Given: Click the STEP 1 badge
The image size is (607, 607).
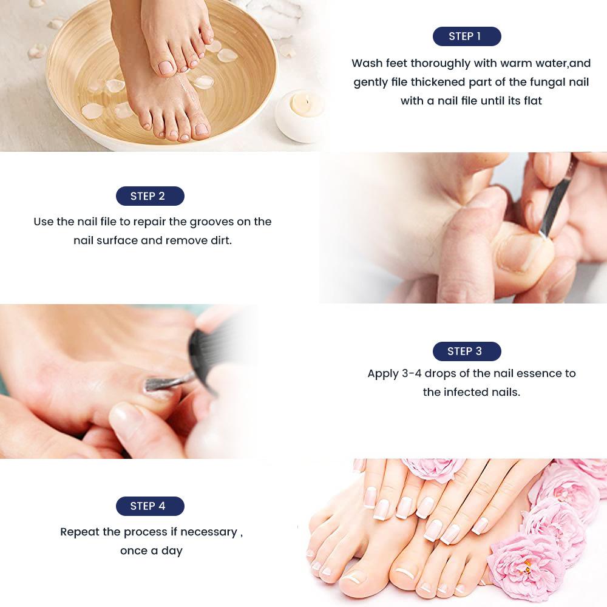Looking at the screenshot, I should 466,36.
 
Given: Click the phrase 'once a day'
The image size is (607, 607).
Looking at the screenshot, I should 151,551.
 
